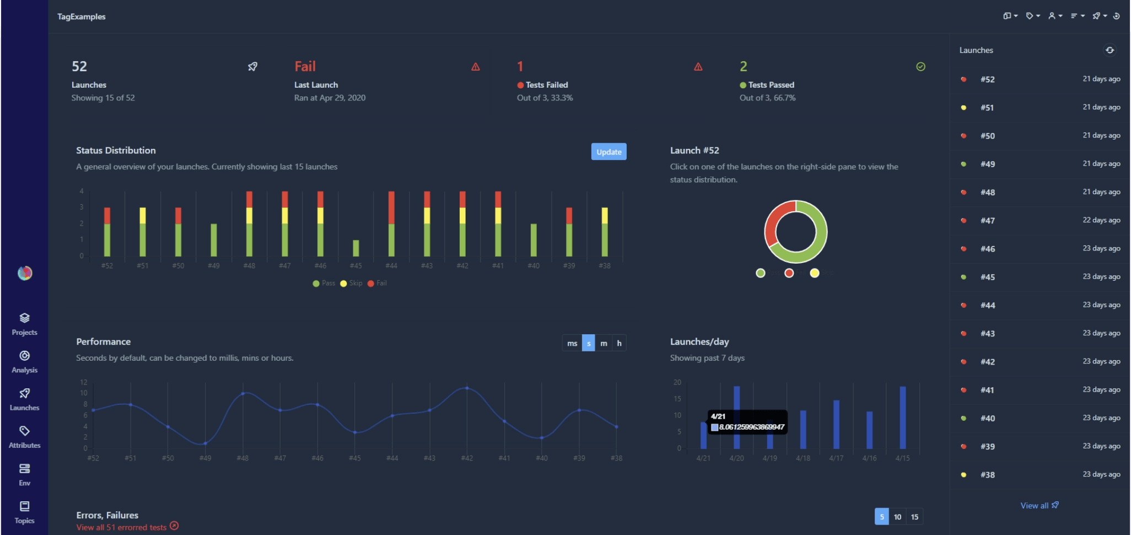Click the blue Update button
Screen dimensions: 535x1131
point(608,152)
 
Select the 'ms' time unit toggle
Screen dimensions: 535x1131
point(572,343)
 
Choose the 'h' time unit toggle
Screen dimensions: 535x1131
point(619,343)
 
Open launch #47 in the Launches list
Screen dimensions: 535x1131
point(987,221)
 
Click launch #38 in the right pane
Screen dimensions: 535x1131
point(987,475)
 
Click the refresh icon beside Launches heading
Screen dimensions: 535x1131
point(1110,50)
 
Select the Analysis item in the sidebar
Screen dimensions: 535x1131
point(24,361)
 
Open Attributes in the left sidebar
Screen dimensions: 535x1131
point(24,437)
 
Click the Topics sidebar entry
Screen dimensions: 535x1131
point(24,512)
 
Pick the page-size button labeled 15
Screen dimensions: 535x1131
point(914,517)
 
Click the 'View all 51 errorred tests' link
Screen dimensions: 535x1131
point(122,527)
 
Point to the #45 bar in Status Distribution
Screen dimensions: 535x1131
point(356,248)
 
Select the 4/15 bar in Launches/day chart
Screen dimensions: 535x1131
point(903,418)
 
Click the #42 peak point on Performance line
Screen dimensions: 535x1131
point(467,388)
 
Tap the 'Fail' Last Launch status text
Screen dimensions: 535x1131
point(305,67)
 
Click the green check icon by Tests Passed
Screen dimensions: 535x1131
point(920,67)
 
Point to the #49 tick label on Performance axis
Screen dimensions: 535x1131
point(205,458)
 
